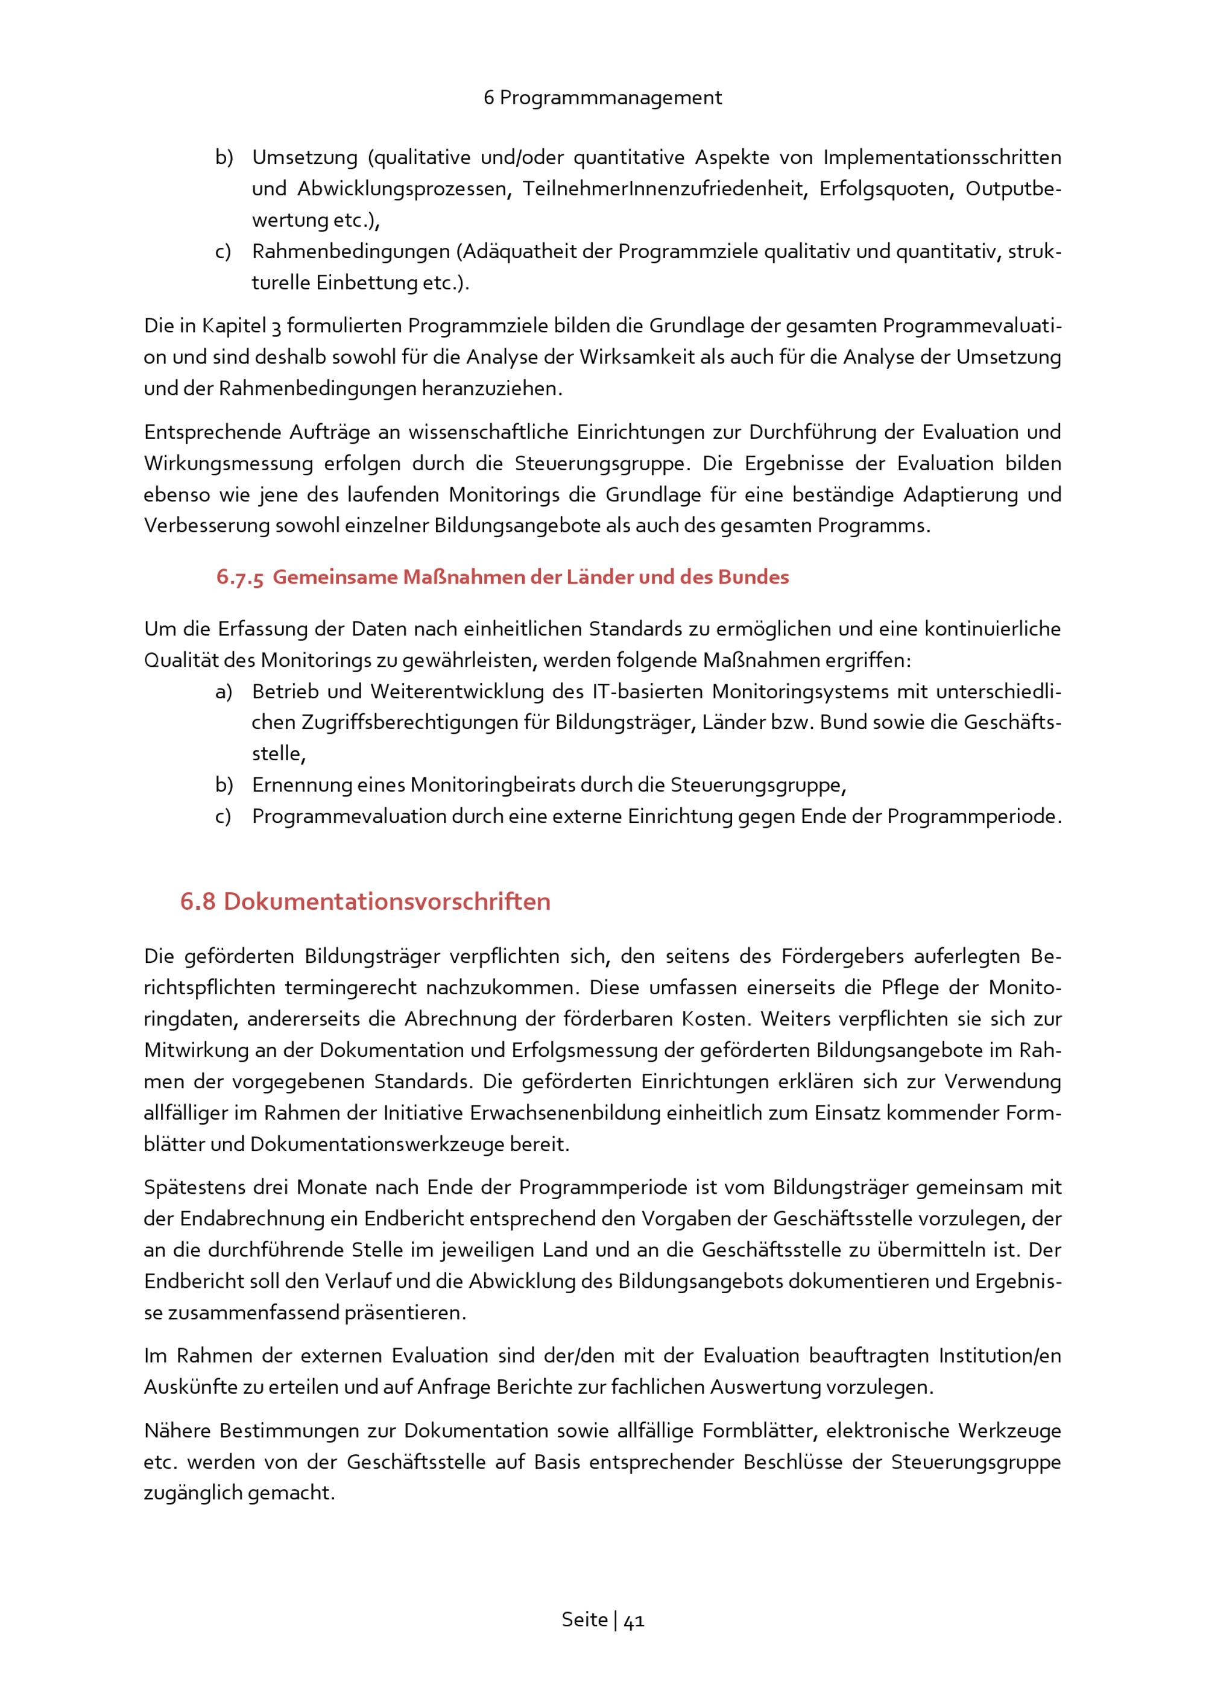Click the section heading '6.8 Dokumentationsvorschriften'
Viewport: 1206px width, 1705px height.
(x=365, y=901)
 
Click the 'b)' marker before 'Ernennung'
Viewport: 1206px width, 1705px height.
(x=224, y=785)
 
